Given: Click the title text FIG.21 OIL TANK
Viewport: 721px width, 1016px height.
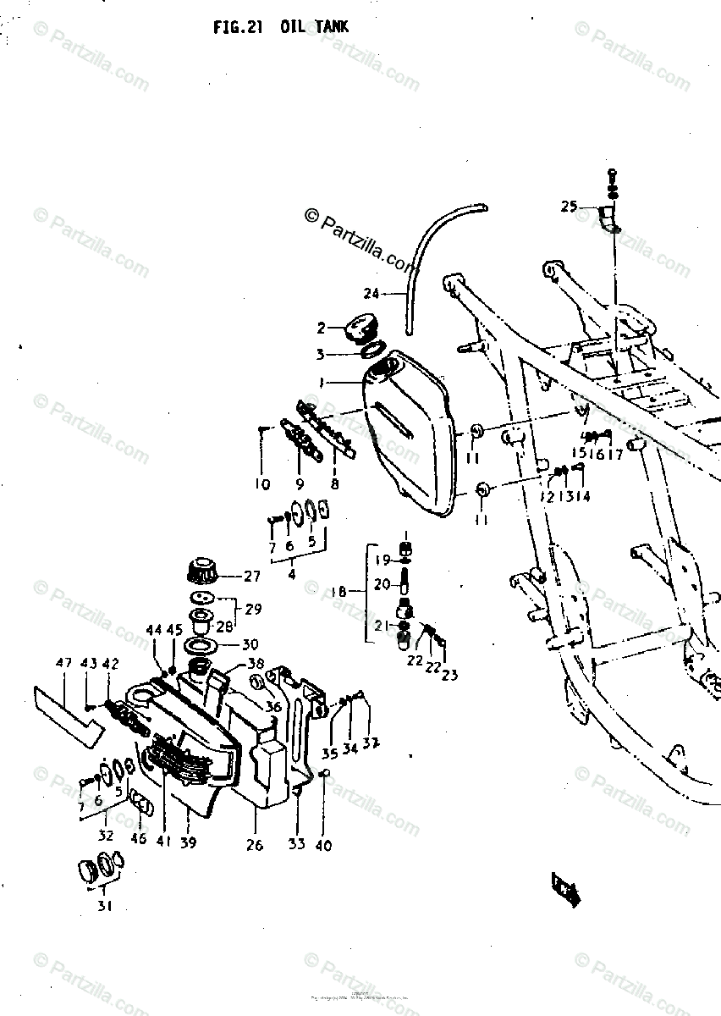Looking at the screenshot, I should click(x=280, y=27).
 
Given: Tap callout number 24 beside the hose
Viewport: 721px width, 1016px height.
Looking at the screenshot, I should click(x=372, y=294).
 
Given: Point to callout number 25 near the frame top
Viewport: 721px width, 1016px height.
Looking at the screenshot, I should click(x=568, y=206).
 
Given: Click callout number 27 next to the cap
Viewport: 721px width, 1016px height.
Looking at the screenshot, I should click(x=252, y=577).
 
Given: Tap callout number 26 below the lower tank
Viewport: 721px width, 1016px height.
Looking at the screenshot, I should click(x=255, y=844).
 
